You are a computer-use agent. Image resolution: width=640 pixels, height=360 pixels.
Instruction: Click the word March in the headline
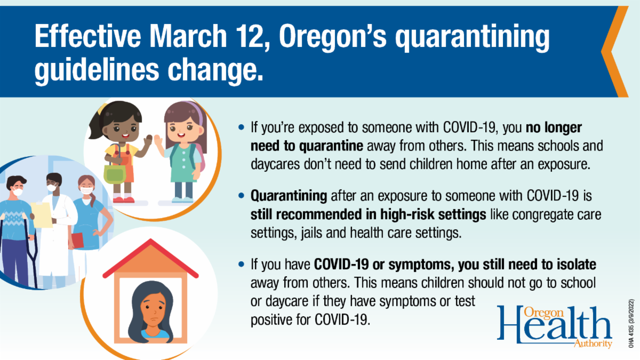click(188, 36)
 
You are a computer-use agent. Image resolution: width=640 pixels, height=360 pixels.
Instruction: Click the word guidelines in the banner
click(97, 70)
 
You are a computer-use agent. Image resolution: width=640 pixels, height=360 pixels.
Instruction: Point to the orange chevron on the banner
click(614, 51)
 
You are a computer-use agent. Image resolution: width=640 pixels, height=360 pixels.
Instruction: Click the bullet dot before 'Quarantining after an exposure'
click(242, 196)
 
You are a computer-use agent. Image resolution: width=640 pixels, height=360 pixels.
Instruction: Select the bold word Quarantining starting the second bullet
click(289, 196)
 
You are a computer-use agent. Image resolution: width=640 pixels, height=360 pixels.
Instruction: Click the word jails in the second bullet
click(311, 233)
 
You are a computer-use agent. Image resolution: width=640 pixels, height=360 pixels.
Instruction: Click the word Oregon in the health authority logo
click(543, 313)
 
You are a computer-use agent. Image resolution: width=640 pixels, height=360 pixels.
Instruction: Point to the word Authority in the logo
click(593, 343)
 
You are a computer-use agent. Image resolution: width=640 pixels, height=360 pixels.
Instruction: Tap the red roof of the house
click(150, 258)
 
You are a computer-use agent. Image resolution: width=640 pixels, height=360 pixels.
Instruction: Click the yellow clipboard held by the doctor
click(42, 214)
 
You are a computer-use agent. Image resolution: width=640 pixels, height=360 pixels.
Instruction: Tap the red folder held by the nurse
click(77, 241)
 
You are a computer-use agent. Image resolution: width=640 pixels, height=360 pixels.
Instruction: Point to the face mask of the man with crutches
click(17, 191)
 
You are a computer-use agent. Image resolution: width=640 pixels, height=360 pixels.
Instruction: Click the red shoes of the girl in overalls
click(123, 199)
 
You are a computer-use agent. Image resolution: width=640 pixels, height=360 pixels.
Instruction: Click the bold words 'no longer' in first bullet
click(554, 127)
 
